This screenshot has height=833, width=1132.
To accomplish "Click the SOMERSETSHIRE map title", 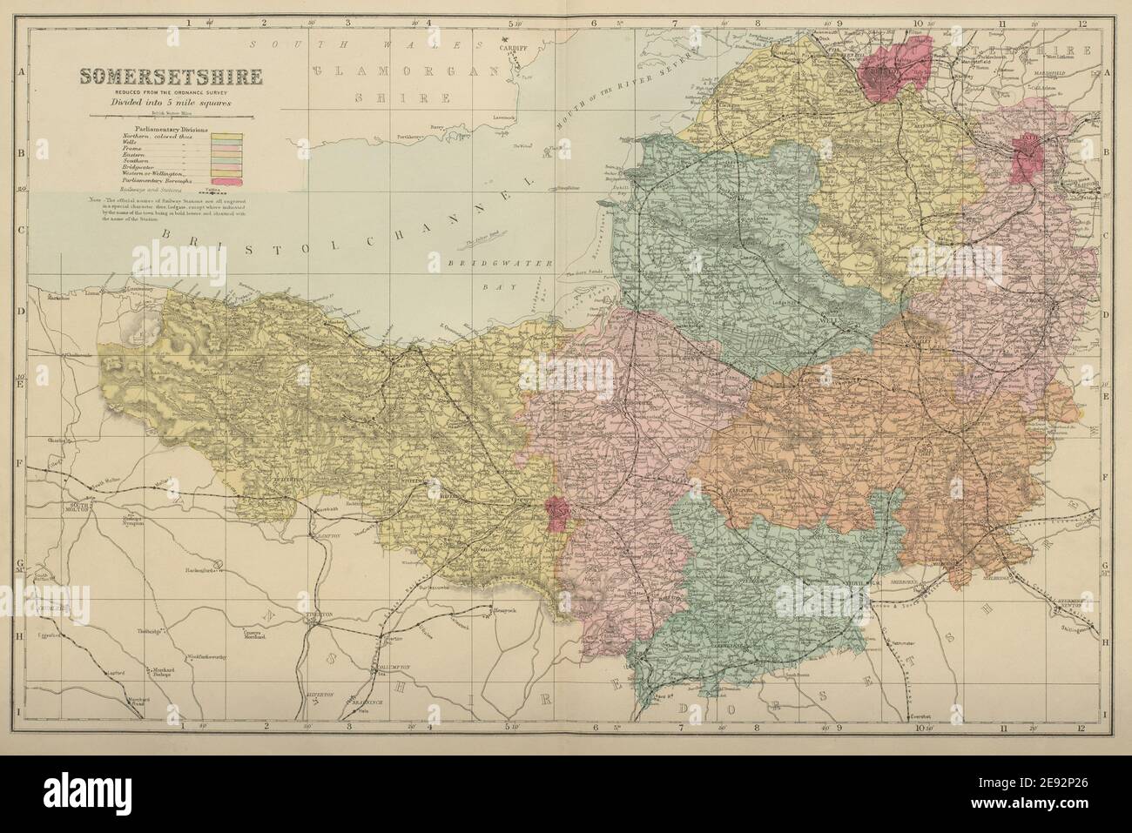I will coord(171,77).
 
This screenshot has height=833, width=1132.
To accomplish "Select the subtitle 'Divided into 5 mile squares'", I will coord(172,102).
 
